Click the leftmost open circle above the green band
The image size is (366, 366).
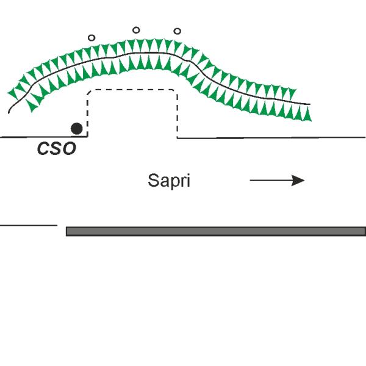click(91, 38)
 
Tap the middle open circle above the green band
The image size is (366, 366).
click(136, 30)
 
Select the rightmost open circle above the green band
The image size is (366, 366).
click(178, 31)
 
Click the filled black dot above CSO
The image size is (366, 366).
click(77, 129)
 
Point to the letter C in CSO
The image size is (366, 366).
click(43, 148)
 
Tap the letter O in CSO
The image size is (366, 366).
click(70, 148)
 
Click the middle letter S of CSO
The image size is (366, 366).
click(56, 148)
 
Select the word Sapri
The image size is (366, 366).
click(169, 181)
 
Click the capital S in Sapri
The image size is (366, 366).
click(153, 180)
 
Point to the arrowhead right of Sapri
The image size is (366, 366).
click(298, 181)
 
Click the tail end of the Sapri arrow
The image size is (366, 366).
click(250, 181)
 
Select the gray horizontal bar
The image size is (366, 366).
click(216, 231)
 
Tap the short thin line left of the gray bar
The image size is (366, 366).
click(29, 226)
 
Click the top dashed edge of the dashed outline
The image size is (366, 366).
click(132, 90)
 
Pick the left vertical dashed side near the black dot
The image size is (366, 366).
click(87, 115)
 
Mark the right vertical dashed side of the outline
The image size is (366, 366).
click(177, 116)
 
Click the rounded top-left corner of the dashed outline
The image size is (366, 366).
click(88, 91)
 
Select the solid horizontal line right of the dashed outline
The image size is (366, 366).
click(271, 138)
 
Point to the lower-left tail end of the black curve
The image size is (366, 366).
click(9, 113)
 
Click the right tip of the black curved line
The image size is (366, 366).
click(310, 104)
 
